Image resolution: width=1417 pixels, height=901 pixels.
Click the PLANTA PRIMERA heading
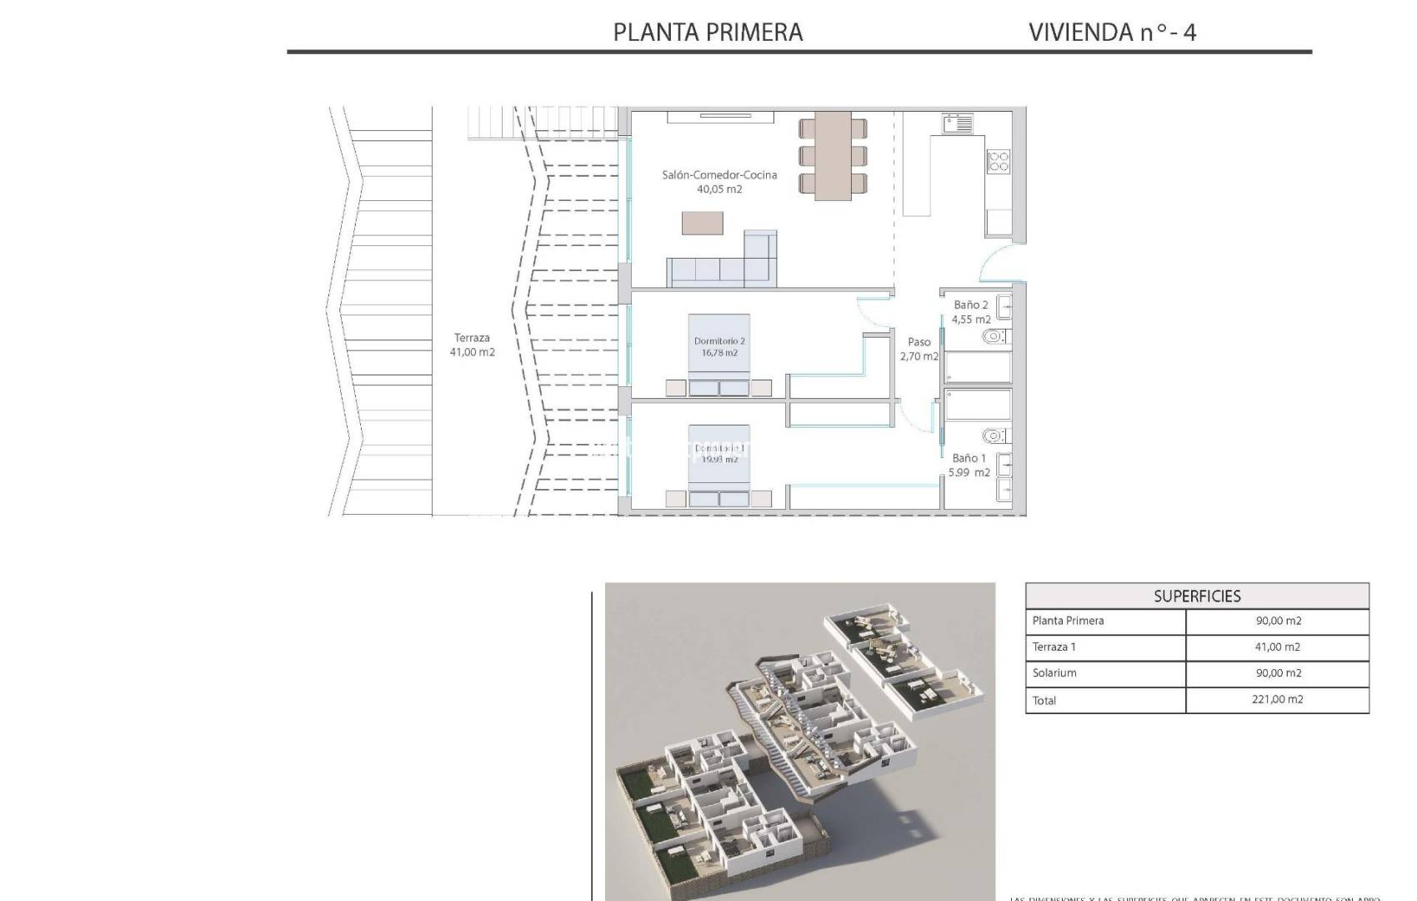click(x=708, y=33)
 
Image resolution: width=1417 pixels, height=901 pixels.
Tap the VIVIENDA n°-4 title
click(x=1112, y=33)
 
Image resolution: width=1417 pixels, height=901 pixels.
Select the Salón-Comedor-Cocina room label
click(x=719, y=175)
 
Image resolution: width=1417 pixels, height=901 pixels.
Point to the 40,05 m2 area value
click(x=719, y=189)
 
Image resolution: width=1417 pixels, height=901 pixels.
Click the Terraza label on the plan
click(x=472, y=338)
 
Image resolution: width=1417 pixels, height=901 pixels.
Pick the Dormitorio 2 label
click(x=719, y=341)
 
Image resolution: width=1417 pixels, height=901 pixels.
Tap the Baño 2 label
click(x=971, y=305)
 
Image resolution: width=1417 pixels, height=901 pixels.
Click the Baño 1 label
click(x=969, y=458)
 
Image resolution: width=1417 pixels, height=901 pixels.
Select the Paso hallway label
click(x=919, y=342)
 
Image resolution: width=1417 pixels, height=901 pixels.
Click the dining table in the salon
click(x=833, y=156)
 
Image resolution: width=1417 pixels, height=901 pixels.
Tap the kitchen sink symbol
click(x=958, y=124)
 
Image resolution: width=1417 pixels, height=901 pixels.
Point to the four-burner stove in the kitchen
click(x=998, y=161)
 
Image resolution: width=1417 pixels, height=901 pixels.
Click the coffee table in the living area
click(x=702, y=223)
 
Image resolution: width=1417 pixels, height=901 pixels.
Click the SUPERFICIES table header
click(x=1197, y=596)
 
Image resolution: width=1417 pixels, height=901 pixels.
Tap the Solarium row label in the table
click(x=1054, y=673)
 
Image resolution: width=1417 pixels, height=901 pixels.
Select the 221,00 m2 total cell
click(x=1277, y=700)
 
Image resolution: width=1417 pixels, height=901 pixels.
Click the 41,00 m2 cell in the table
click(x=1277, y=647)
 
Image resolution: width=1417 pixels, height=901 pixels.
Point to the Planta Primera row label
click(x=1068, y=621)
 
